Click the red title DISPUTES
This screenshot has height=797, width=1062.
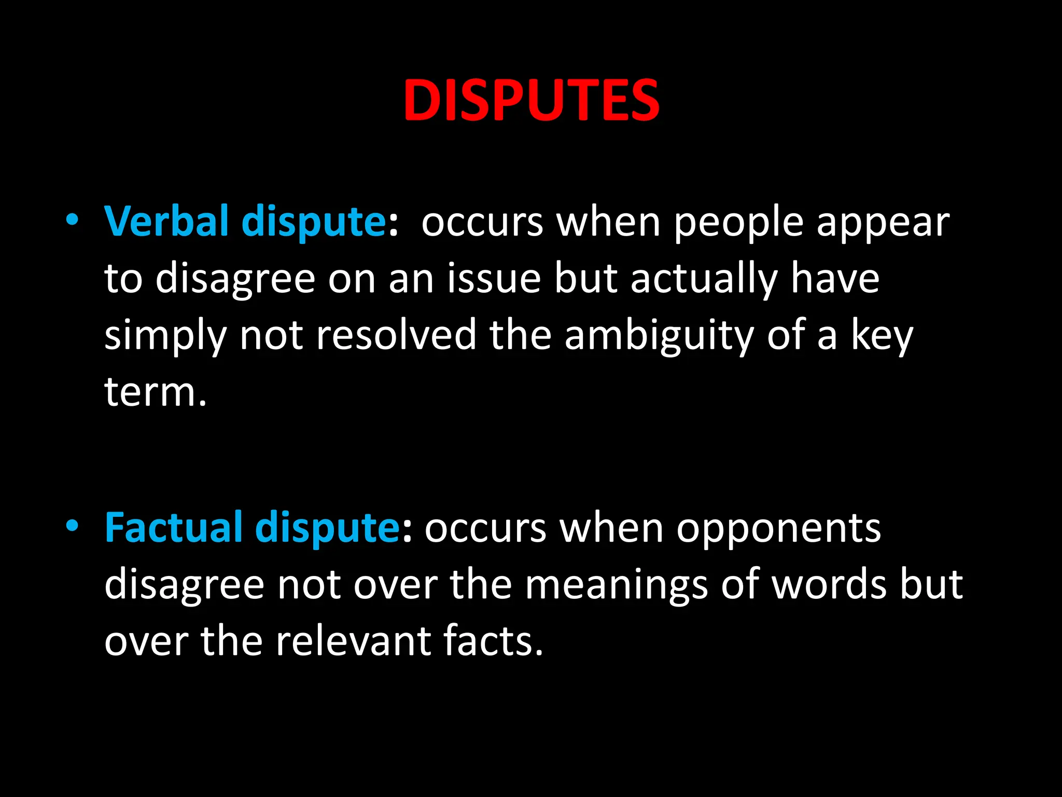click(531, 100)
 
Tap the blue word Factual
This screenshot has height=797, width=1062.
click(173, 528)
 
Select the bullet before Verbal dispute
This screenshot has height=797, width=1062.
click(72, 220)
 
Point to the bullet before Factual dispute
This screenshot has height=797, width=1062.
click(72, 526)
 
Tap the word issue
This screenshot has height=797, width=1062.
click(494, 279)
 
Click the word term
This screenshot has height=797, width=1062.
click(154, 392)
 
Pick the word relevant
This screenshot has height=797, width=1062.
click(353, 641)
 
